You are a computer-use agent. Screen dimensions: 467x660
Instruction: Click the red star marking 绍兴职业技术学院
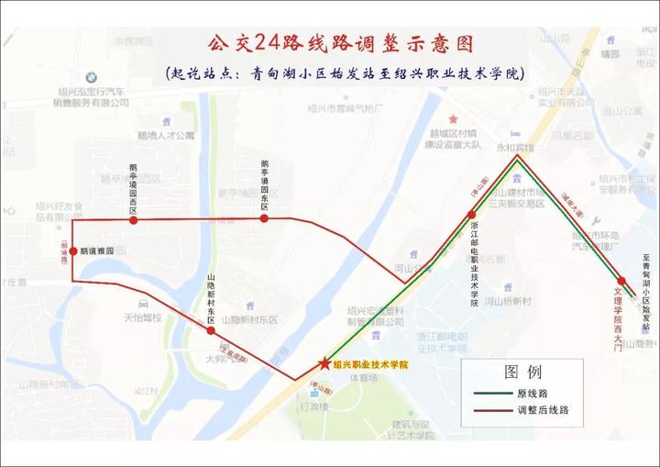tap(323, 364)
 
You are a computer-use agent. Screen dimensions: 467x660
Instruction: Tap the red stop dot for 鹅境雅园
tap(72, 250)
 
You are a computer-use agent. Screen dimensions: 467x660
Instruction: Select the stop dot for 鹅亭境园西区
tap(134, 220)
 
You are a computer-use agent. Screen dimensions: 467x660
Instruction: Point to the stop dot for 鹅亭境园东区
tap(264, 218)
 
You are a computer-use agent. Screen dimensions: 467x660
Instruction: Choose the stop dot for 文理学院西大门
tap(621, 281)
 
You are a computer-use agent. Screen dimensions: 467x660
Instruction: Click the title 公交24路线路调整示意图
tap(341, 44)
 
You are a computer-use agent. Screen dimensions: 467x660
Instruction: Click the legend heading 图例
tap(523, 372)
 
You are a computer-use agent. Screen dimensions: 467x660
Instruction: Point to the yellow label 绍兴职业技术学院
tap(370, 365)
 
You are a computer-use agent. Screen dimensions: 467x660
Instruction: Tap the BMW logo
tap(91, 78)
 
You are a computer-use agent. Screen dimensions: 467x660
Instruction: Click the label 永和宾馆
tap(514, 146)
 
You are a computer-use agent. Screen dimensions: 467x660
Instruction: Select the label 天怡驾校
tap(142, 317)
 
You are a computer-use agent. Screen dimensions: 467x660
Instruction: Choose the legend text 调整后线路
tap(544, 411)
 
